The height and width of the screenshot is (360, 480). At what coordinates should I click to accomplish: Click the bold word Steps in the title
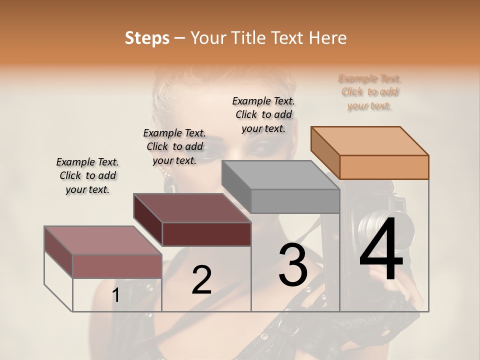[x=147, y=38]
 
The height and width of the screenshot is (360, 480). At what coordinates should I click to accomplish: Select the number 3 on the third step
[x=292, y=265]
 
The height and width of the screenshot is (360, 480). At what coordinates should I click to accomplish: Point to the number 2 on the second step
[x=201, y=280]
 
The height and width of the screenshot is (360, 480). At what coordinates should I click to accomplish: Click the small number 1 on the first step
[x=115, y=295]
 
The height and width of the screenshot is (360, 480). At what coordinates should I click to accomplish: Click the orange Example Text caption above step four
[x=369, y=92]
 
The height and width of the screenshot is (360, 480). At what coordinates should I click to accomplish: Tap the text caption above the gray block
[x=263, y=114]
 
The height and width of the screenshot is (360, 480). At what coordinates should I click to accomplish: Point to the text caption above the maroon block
[x=174, y=146]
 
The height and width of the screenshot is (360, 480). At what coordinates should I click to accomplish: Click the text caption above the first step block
[x=87, y=175]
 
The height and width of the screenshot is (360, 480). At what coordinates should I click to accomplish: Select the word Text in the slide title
[x=288, y=38]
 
